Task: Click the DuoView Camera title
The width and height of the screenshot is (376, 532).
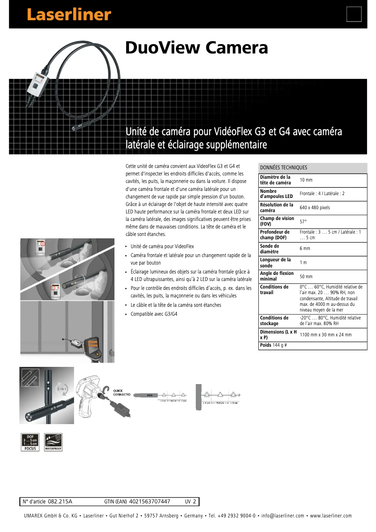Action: (196, 47)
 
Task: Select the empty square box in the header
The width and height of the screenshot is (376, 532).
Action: (354, 14)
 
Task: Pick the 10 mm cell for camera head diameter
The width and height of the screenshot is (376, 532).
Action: (306, 180)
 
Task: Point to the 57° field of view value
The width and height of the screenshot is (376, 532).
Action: (303, 221)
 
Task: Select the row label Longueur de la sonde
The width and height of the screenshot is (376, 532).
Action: (275, 262)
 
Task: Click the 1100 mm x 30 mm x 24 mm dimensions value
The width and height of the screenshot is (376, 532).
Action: (325, 335)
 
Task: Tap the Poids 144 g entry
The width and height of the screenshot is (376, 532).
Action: (273, 345)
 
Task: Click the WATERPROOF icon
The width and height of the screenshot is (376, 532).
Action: (53, 441)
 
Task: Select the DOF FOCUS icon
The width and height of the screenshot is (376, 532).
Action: (30, 441)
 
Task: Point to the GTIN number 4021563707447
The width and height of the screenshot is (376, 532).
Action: (150, 502)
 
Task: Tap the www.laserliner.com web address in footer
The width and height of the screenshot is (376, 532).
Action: (331, 516)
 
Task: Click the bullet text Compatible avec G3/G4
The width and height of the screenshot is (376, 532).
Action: (154, 314)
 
